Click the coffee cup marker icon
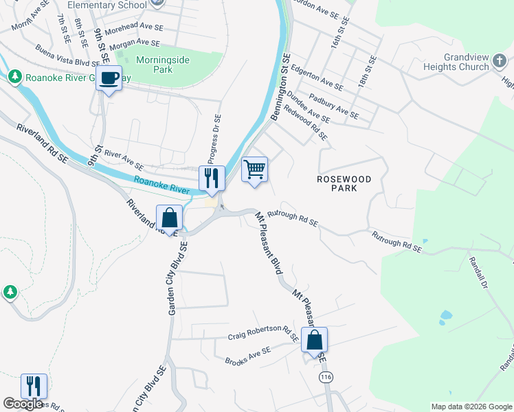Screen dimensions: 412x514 [109, 78]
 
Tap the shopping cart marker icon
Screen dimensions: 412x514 [254, 169]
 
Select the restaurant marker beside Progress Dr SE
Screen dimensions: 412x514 [212, 179]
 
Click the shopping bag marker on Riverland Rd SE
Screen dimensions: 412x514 [170, 218]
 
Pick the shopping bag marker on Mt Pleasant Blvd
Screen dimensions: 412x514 [314, 340]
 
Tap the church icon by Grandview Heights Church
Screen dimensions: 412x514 [502, 66]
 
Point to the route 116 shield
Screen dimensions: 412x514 [326, 378]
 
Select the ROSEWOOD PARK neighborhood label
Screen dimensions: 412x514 [344, 183]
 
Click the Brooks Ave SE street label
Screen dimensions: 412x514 [248, 356]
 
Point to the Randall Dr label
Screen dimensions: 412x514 [478, 273]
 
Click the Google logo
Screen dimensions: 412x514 [23, 404]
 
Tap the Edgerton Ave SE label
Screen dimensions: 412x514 [317, 78]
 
